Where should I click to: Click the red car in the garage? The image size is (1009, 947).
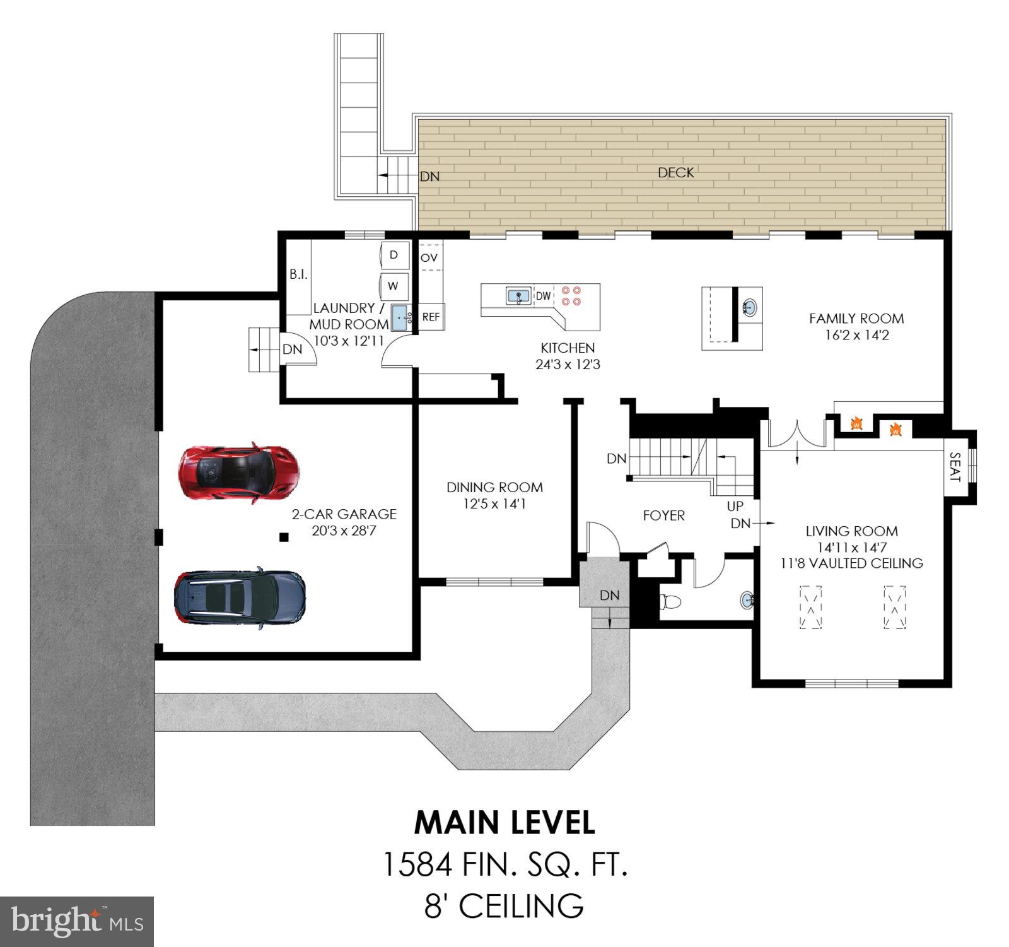pos(238,472)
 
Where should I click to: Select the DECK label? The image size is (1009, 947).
pos(675,173)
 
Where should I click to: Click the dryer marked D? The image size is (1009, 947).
pos(394,255)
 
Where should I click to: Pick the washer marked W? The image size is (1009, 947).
pos(394,286)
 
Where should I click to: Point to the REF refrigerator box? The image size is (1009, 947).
pos(431,317)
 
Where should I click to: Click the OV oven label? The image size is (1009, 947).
pos(429,258)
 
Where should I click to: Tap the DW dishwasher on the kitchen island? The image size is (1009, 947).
pos(543,296)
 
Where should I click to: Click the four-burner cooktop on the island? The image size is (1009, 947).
pos(571,296)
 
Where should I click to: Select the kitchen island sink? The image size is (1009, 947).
pos(518,295)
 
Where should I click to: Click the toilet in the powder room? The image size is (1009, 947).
pos(670,601)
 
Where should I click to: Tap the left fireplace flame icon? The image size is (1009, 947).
pos(856,423)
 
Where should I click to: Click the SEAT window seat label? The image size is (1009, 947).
pos(954,467)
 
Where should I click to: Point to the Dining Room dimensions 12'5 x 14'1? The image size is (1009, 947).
pos(494,504)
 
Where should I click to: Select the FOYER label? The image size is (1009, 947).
pos(663,515)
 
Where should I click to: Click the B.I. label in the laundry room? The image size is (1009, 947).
pos(298,274)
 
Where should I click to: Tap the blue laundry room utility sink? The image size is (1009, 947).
pos(399,317)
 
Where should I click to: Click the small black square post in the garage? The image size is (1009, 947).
pos(284,538)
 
